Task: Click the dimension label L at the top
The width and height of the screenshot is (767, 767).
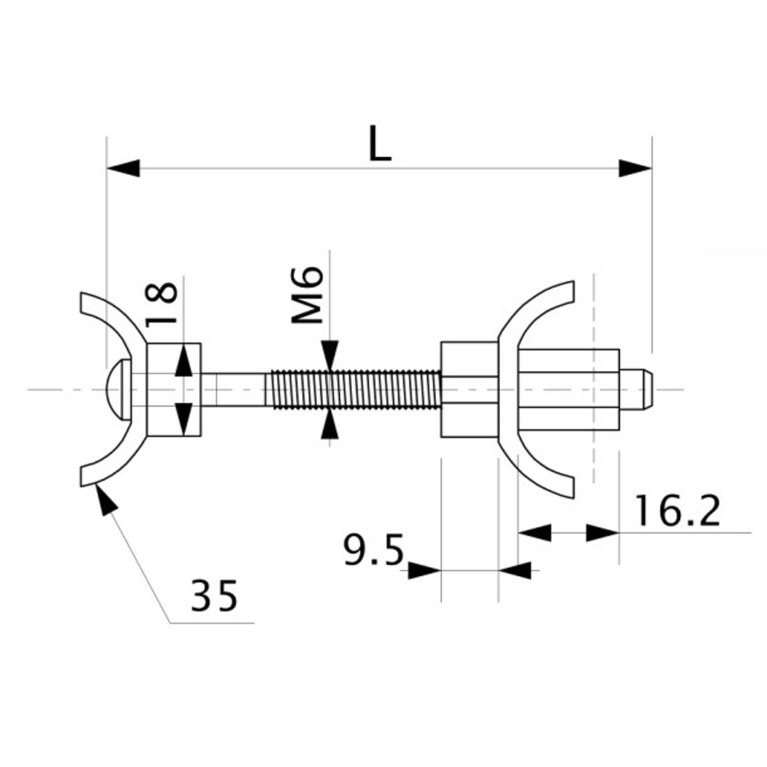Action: [x=380, y=144]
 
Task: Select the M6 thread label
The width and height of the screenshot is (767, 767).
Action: [x=306, y=295]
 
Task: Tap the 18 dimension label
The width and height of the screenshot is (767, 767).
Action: [x=162, y=304]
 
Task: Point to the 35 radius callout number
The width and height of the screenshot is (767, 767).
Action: [x=214, y=596]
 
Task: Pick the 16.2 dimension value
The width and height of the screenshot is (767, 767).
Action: [x=677, y=511]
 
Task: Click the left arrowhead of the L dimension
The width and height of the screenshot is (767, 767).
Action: [x=123, y=168]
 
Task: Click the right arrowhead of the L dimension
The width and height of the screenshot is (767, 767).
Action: [x=636, y=168]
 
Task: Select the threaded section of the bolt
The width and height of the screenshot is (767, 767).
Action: [x=355, y=390]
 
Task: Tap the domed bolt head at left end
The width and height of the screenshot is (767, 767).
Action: [x=118, y=390]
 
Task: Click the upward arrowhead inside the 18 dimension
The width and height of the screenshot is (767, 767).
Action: [x=184, y=362]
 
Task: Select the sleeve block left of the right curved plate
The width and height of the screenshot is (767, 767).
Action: [x=469, y=390]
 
